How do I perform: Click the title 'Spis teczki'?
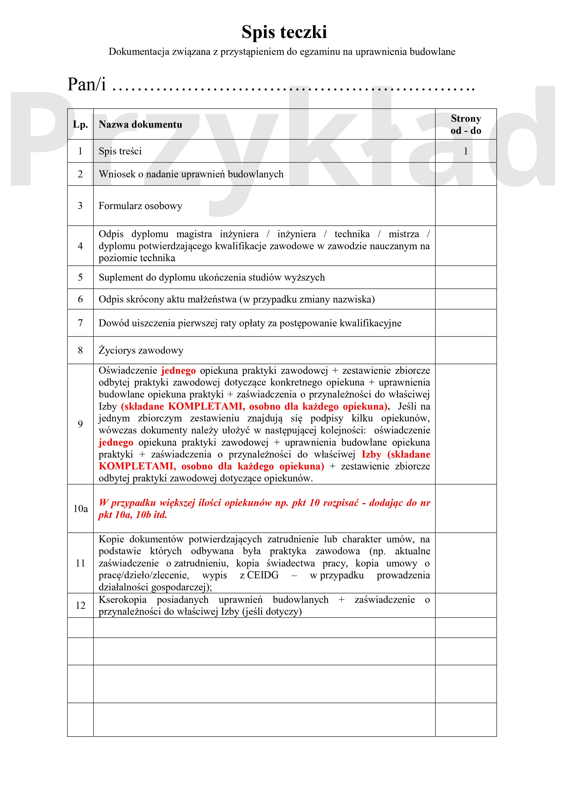pos(284,32)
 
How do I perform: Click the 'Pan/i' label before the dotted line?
pos(87,84)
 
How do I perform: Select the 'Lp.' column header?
pos(80,124)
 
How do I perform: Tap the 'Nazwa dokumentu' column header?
pos(140,124)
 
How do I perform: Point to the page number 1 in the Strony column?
pos(466,151)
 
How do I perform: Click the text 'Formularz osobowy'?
pos(140,206)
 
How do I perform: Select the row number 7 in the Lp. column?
pos(80,323)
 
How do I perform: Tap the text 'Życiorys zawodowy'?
pos(141,350)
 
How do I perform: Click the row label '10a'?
pos(80,509)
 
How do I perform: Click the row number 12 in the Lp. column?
pos(80,605)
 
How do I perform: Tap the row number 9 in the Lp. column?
pos(80,424)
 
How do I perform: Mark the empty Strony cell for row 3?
pos(466,206)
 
